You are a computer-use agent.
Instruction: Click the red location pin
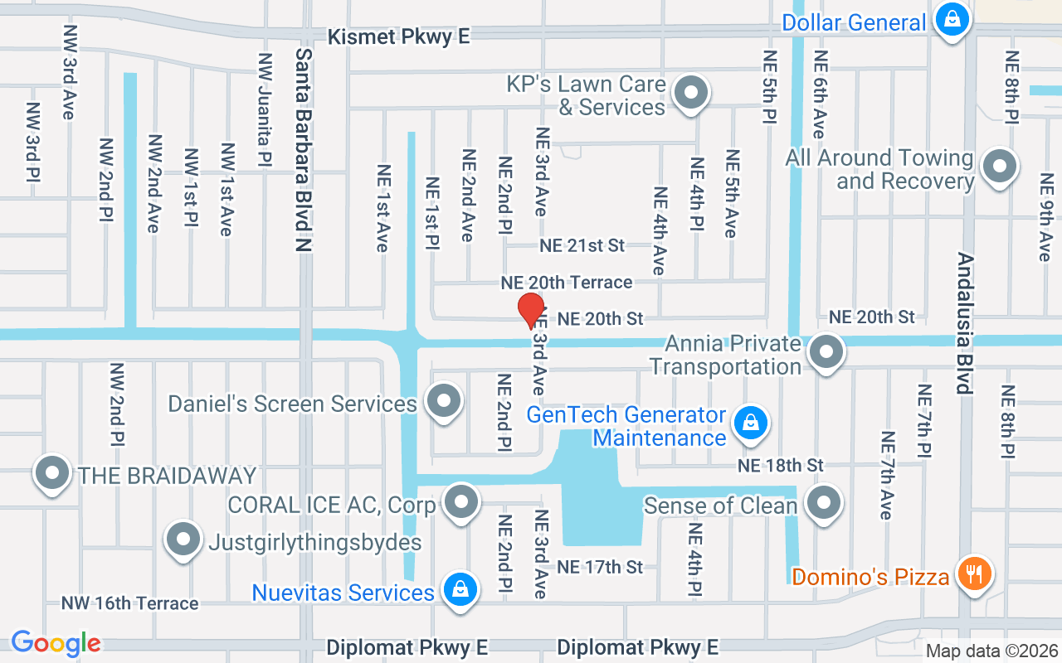[x=531, y=311]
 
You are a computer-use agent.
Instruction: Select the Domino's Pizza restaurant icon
[x=974, y=573]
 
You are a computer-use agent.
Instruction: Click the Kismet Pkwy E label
[x=398, y=36]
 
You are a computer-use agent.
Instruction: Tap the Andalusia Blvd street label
[x=964, y=323]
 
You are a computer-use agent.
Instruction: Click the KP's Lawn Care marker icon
[x=689, y=94]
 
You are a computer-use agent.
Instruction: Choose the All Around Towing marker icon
[x=999, y=167]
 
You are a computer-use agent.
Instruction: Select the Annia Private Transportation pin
[x=826, y=352]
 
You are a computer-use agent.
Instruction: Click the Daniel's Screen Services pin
[x=444, y=401]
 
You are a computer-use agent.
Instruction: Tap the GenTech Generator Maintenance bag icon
[x=751, y=423]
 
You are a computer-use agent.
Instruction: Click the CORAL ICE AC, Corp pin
[x=461, y=501]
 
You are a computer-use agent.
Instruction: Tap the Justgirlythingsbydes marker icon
[x=183, y=540]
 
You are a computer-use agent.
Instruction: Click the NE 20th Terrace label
[x=566, y=283]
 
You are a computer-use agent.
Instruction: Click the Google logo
[x=56, y=643]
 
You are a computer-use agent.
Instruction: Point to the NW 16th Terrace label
[x=129, y=603]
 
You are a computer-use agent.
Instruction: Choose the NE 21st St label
[x=582, y=245]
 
